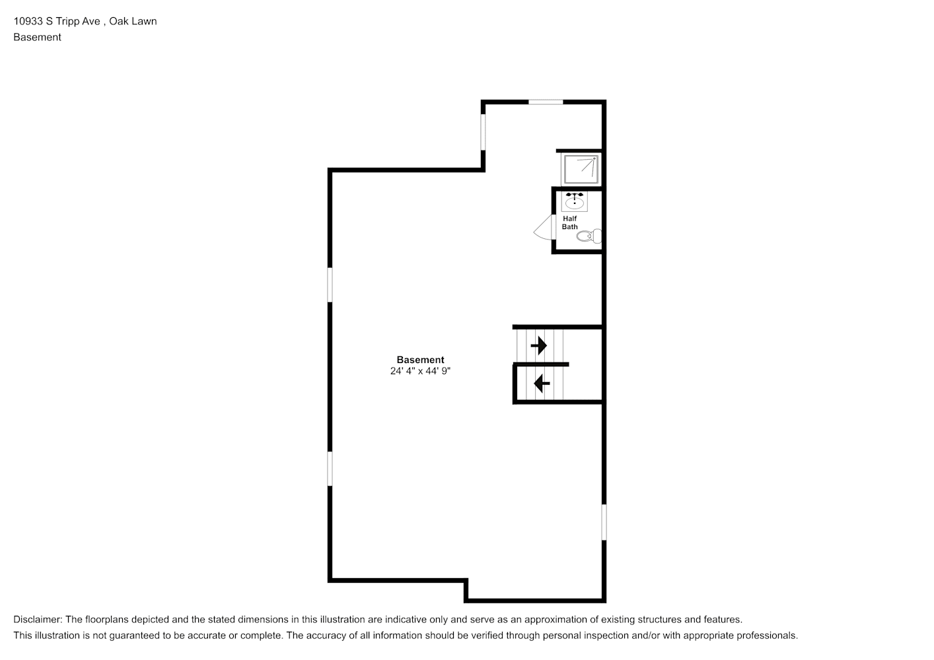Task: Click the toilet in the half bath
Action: pos(589,236)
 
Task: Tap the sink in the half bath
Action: pos(574,202)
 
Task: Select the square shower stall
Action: pos(580,169)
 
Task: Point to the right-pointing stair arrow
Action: pos(539,345)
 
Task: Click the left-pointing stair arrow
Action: pos(542,383)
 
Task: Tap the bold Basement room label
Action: pos(420,360)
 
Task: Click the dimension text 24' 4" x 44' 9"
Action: pos(420,371)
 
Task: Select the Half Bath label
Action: pos(569,222)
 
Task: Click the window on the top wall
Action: pos(546,102)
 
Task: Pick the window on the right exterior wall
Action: pos(604,522)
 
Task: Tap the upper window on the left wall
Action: pos(330,284)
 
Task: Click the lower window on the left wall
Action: pos(330,469)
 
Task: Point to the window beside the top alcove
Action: pos(484,132)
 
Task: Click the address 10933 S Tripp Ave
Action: pos(57,21)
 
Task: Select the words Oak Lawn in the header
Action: pos(133,21)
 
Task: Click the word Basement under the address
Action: pos(37,37)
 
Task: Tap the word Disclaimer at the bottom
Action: pos(38,620)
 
